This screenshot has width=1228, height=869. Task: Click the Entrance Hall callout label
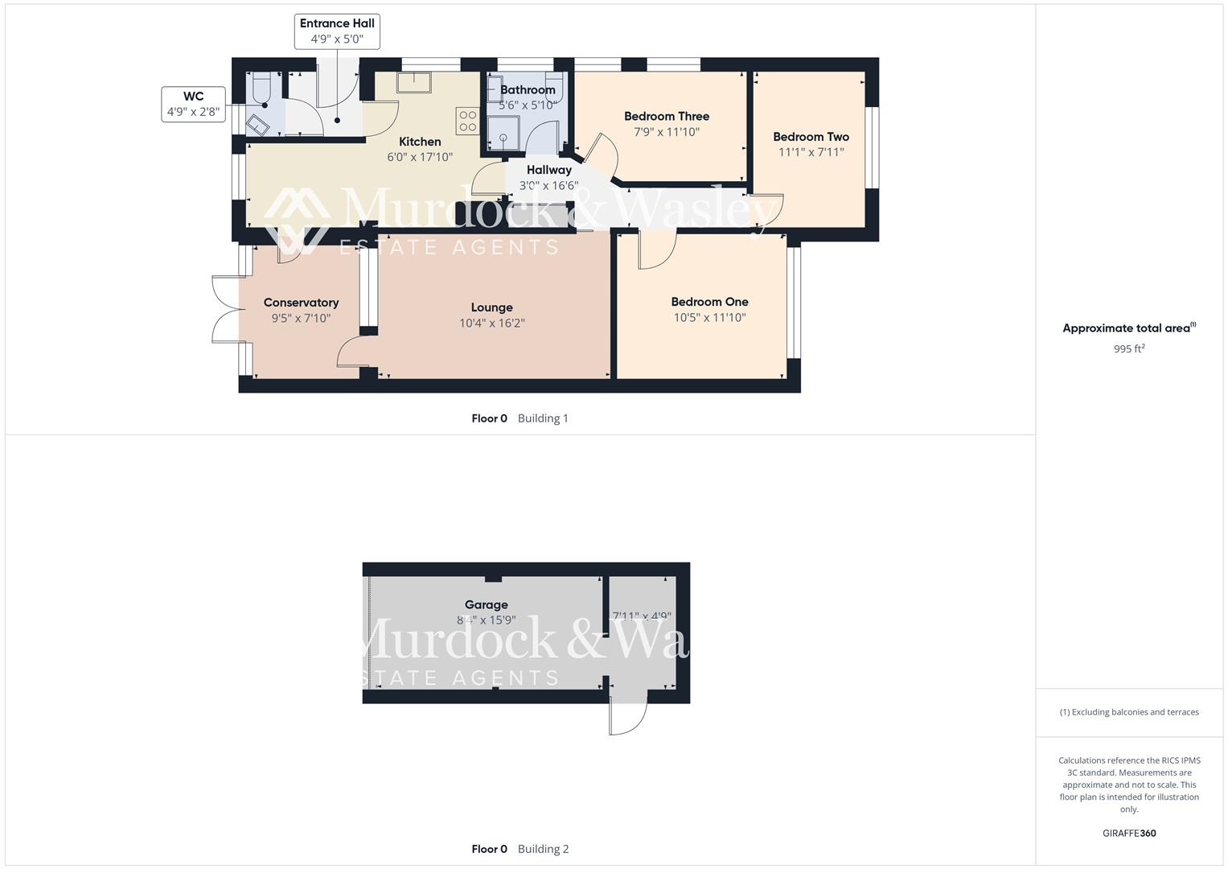click(x=337, y=31)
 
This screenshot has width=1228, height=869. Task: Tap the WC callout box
click(x=193, y=104)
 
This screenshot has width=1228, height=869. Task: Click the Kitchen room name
click(x=420, y=142)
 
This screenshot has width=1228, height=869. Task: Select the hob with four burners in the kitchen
click(x=467, y=121)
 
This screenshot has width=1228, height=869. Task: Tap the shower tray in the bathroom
click(x=503, y=133)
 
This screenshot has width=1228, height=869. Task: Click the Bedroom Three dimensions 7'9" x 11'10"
click(x=667, y=132)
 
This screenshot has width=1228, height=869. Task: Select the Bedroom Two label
click(x=811, y=137)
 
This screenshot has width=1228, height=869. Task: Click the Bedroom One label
click(x=709, y=302)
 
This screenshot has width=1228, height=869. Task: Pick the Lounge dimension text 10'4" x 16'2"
click(x=491, y=323)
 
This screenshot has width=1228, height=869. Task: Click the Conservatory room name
click(x=301, y=303)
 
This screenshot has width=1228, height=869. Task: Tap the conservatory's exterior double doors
click(x=226, y=310)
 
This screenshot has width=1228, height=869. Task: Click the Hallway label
click(x=548, y=170)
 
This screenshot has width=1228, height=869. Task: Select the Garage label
click(x=486, y=605)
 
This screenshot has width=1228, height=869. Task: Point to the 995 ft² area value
click(x=1128, y=349)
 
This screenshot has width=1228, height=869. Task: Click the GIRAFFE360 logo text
click(x=1128, y=833)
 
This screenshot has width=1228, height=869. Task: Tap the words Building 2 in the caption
click(x=543, y=849)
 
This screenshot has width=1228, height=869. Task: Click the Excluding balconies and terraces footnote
click(x=1128, y=712)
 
